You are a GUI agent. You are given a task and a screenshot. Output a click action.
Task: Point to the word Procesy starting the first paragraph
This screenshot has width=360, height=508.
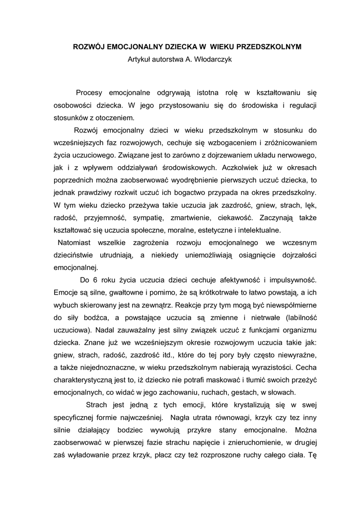click(90, 93)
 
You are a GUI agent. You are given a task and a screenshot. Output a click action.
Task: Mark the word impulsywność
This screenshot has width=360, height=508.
click(292, 279)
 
